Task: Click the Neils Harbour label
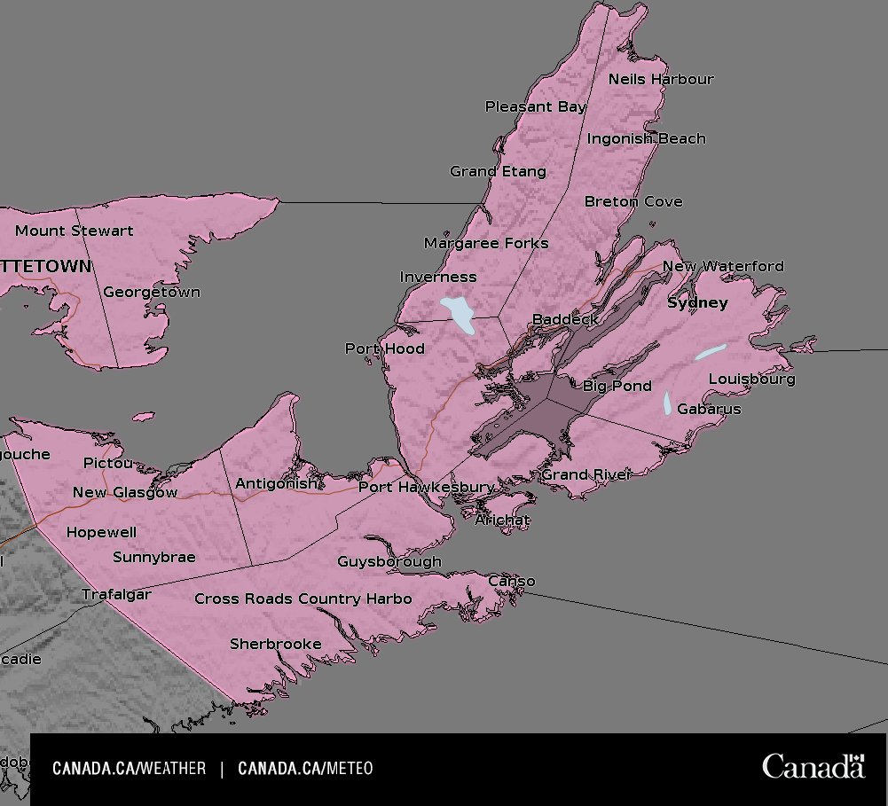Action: point(660,79)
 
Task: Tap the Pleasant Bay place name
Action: point(535,106)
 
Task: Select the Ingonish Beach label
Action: point(646,138)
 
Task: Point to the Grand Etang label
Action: point(498,171)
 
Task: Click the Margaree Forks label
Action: point(485,243)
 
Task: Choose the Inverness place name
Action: point(437,277)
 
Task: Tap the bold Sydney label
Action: point(696,302)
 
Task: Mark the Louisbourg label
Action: point(751,379)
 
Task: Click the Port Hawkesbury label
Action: point(426,488)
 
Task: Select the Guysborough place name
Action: point(389,561)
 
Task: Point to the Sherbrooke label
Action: point(275,644)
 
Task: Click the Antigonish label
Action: point(274,483)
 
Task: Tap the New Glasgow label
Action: point(125,492)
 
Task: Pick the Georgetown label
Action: point(151,292)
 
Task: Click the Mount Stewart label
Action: point(75,231)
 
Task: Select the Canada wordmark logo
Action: point(813,766)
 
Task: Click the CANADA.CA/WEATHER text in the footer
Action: point(129,769)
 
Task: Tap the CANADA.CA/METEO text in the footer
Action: point(305,769)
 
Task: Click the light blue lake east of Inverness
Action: point(460,313)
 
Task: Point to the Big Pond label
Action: point(617,386)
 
